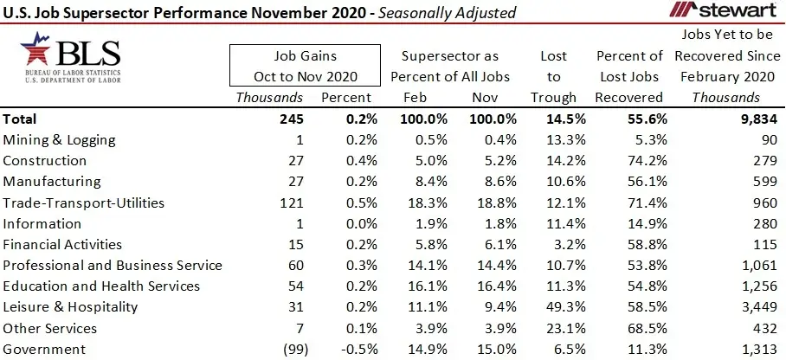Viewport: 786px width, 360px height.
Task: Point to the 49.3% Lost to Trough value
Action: point(547,307)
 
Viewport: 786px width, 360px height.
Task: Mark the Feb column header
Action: point(415,98)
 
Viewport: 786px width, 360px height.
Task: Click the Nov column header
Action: point(484,98)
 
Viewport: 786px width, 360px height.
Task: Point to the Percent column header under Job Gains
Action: point(345,98)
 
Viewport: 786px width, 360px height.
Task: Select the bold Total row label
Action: point(21,119)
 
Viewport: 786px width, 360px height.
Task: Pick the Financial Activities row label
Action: point(62,245)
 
